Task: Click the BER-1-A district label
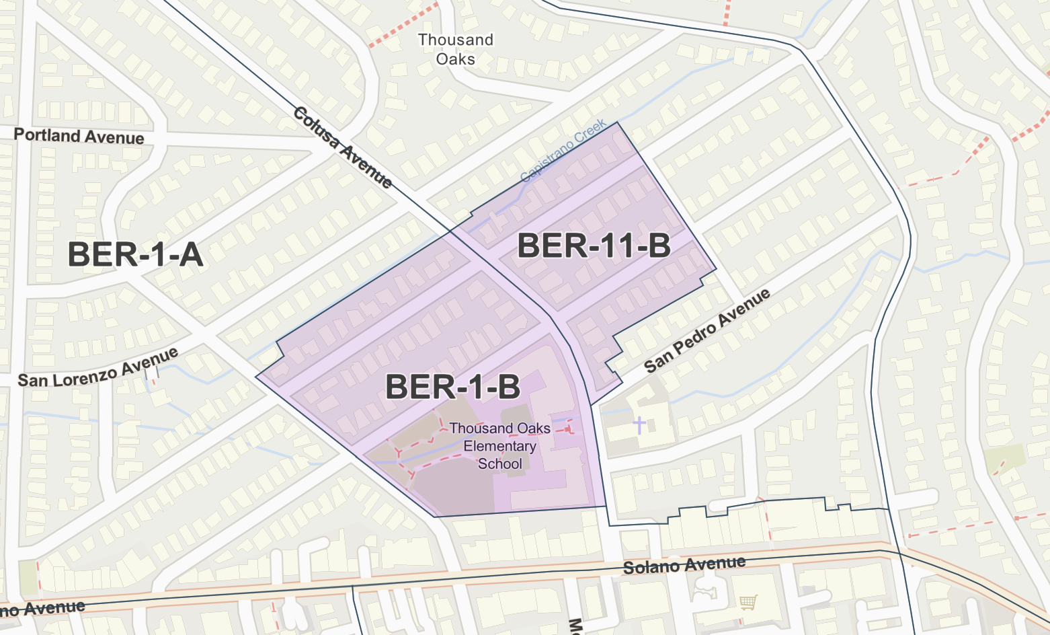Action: coord(135,255)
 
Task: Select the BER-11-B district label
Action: coord(594,246)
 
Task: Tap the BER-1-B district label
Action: coord(452,387)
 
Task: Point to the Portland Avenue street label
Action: coord(79,136)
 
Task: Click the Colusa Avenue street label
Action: coord(343,147)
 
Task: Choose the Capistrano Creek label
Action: coord(563,151)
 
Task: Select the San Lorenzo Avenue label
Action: coord(98,368)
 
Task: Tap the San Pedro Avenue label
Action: coord(706,332)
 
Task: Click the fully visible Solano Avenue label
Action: coord(684,565)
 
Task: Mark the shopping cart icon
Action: coord(748,602)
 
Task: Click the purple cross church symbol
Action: coord(639,424)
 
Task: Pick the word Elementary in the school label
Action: coord(499,446)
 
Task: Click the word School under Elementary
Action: coord(499,463)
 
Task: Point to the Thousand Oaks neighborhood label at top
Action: coord(455,49)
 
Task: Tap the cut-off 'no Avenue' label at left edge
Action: coord(42,608)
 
